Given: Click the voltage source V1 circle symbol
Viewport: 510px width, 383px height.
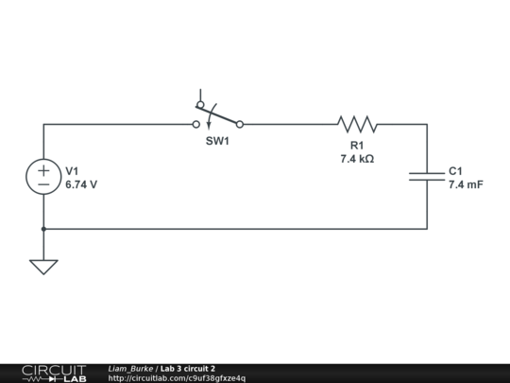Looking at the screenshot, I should (x=43, y=177).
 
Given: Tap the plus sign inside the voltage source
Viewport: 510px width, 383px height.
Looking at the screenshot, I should (x=43, y=169).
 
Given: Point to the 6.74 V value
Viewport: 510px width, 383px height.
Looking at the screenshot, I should (x=81, y=185).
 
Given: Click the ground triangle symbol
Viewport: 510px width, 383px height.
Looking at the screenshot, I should (x=43, y=267).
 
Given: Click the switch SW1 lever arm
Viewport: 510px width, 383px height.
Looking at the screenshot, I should (x=218, y=115).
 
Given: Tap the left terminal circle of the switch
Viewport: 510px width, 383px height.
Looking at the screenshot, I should (x=196, y=124).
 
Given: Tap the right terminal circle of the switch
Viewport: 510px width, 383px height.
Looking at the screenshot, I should (x=240, y=124).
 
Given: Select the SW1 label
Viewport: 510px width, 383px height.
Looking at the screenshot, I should (x=218, y=141).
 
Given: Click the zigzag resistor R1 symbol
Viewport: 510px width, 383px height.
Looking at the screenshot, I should (x=357, y=124).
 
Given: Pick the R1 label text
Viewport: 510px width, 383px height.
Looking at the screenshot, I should (x=357, y=145).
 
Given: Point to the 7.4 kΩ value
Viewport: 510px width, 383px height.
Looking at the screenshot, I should (x=357, y=159).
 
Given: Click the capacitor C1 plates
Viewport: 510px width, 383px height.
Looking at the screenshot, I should (x=427, y=176).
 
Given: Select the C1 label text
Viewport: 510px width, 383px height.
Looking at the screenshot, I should (x=455, y=171).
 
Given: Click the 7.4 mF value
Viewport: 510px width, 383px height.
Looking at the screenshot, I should (x=466, y=185).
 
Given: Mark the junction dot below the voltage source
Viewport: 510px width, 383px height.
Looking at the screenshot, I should (x=43, y=228).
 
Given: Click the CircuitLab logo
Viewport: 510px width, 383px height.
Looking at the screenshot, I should (x=54, y=373).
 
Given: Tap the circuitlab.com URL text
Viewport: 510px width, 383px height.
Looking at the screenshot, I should (x=177, y=378).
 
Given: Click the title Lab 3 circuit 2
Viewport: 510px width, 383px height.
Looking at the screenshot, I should (x=188, y=369).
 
